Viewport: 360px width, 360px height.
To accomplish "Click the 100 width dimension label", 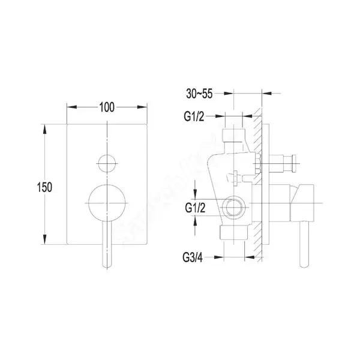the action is click(x=107, y=107).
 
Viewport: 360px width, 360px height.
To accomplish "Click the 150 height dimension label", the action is click(x=44, y=187).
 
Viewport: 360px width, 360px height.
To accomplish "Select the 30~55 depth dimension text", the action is click(x=199, y=94).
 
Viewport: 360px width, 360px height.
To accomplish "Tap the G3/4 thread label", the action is click(x=193, y=257).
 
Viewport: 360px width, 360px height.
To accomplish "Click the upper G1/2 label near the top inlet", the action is click(x=194, y=116).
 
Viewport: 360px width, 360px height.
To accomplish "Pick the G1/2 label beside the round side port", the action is click(x=195, y=208).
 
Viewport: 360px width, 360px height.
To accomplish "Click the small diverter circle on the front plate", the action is click(x=107, y=163).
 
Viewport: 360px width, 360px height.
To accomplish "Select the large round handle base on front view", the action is click(x=107, y=203).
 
